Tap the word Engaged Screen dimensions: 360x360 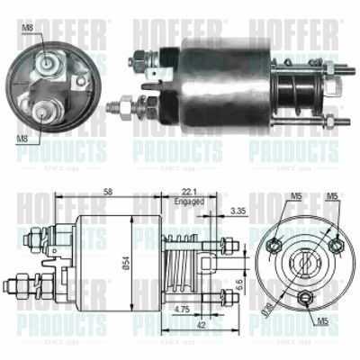pos(190,202)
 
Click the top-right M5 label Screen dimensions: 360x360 pos(334,195)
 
